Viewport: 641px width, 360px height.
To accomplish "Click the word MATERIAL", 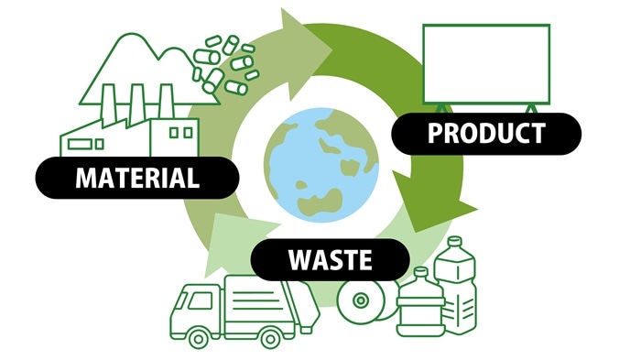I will pos(137,178).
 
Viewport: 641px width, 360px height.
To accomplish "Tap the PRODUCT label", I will pos(486,134).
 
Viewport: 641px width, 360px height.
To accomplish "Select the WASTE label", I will pos(330,259).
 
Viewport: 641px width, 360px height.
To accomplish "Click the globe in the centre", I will pos(320,159).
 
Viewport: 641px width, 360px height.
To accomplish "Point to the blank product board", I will pos(485,63).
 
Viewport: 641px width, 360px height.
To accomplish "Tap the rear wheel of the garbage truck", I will pos(270,336).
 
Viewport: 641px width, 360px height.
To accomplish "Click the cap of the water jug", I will pos(421,272).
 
